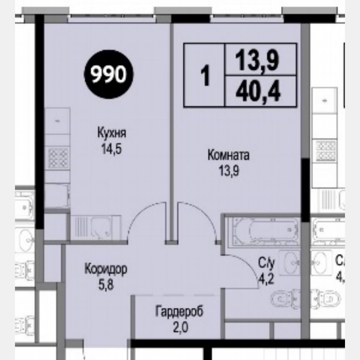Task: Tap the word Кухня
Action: pos(111,134)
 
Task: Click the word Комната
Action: pos(228,156)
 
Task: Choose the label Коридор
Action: pos(105,268)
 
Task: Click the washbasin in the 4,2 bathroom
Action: pos(289,262)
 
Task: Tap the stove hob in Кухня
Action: pos(58,158)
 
